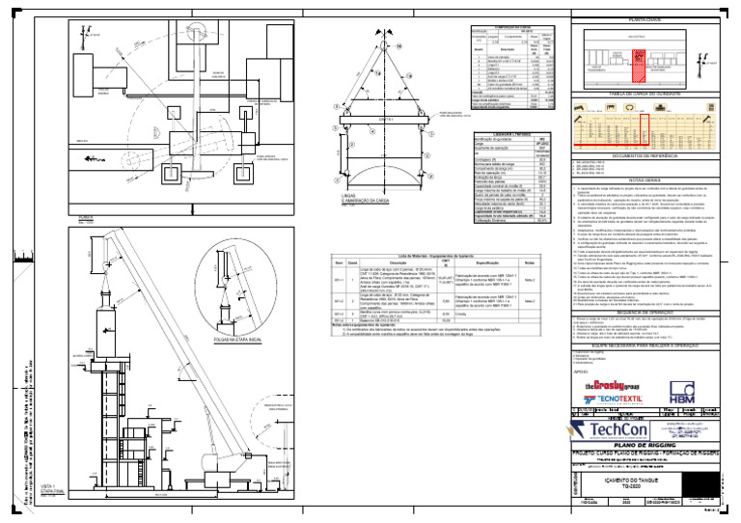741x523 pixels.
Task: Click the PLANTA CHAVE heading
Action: (x=644, y=19)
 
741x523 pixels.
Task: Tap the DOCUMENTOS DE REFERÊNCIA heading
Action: (x=644, y=155)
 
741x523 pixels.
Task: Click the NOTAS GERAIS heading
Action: (x=644, y=179)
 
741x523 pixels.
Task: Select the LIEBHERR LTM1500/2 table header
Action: (x=514, y=135)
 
